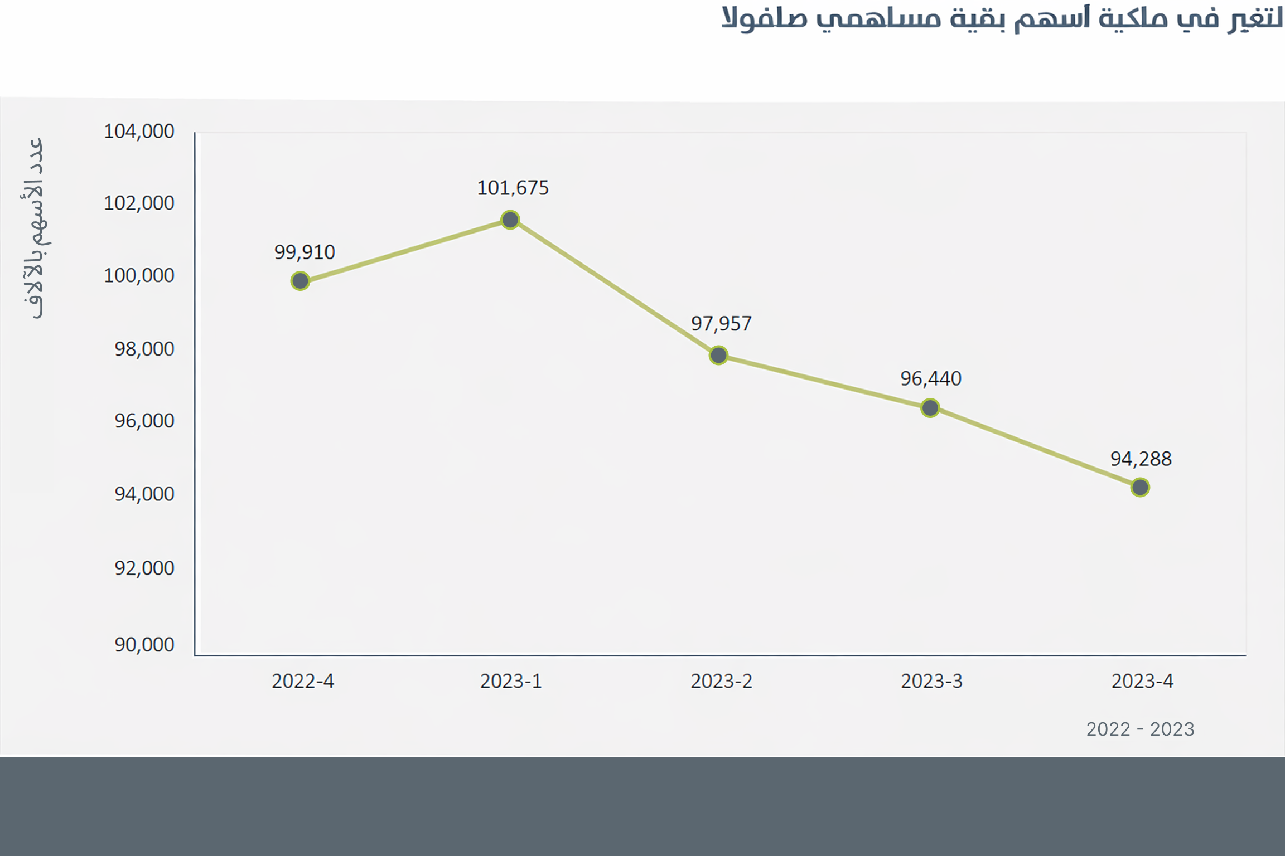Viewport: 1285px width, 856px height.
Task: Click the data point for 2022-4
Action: pyautogui.click(x=300, y=281)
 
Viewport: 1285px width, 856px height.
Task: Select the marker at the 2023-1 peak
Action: pyautogui.click(x=510, y=220)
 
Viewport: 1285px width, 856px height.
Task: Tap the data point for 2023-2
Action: pyautogui.click(x=718, y=355)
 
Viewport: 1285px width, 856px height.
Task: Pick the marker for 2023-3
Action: pyautogui.click(x=930, y=408)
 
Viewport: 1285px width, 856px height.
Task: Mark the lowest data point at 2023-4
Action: pyautogui.click(x=1140, y=487)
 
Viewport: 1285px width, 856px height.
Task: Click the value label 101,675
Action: pyautogui.click(x=513, y=188)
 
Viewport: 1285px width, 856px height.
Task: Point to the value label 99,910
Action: pyautogui.click(x=305, y=252)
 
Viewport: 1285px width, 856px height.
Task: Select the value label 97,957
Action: pyautogui.click(x=721, y=324)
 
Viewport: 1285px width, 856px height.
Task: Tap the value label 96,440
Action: pyautogui.click(x=931, y=379)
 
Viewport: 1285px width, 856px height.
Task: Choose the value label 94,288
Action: pyautogui.click(x=1141, y=459)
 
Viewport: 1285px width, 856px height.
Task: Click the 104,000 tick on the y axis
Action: pyautogui.click(x=139, y=132)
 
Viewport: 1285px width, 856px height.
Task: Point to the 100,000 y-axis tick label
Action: pyautogui.click(x=139, y=275)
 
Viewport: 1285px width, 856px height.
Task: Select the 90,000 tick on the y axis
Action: pyautogui.click(x=144, y=645)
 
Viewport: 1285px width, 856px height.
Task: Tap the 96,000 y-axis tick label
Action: pyautogui.click(x=144, y=421)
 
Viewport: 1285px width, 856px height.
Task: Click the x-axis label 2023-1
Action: pyautogui.click(x=511, y=681)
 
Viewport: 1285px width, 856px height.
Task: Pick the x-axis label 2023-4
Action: pyautogui.click(x=1142, y=681)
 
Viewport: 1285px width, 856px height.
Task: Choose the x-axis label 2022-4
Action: pyautogui.click(x=302, y=681)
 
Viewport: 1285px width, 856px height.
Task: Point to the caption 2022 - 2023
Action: pyautogui.click(x=1140, y=729)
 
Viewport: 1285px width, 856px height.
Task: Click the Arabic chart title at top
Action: pyautogui.click(x=1001, y=18)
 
